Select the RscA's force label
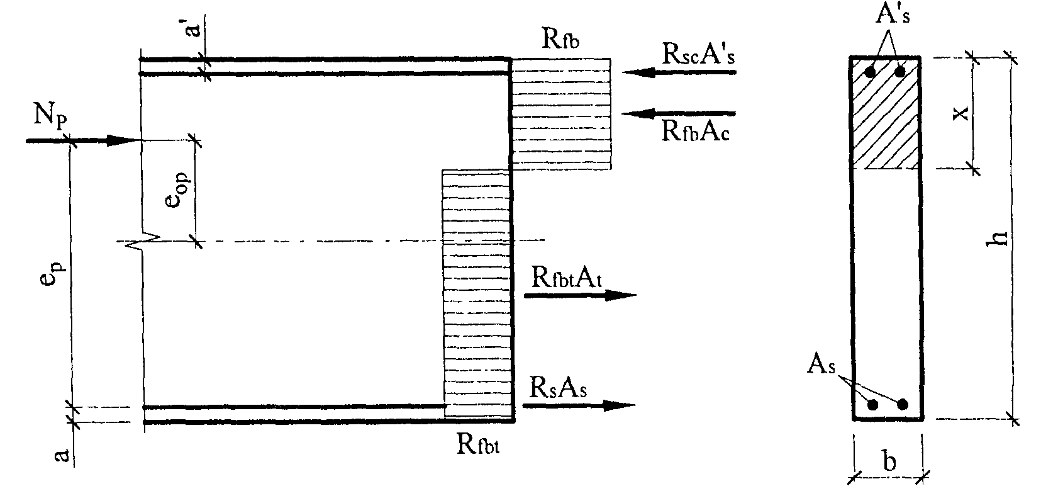(698, 55)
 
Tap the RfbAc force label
(695, 132)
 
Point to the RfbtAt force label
(567, 278)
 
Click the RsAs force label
(559, 388)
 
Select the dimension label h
(998, 237)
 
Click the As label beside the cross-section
(821, 366)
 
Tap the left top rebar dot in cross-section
(870, 72)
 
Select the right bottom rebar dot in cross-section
(903, 404)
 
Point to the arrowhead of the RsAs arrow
(620, 405)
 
